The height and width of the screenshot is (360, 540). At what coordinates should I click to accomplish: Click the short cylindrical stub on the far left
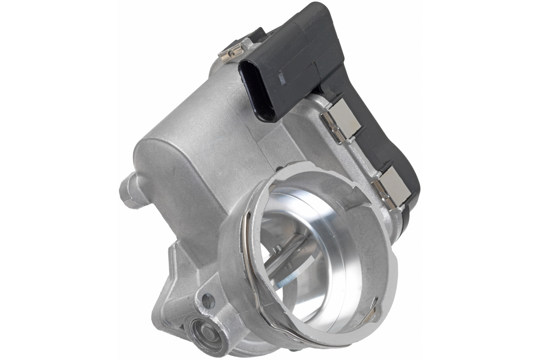[128, 191]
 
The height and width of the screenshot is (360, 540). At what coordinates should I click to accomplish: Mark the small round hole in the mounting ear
[208, 300]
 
